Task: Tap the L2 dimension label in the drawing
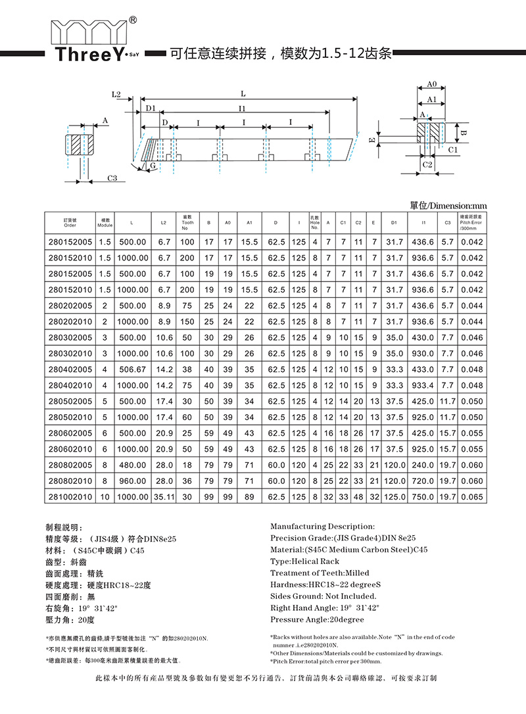pos(116,95)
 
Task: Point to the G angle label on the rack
pos(153,166)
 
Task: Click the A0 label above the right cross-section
pos(432,85)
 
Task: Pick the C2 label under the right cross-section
pos(427,164)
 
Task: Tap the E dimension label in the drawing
pos(372,140)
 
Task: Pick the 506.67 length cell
pos(132,369)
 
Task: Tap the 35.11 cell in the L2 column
pos(163,496)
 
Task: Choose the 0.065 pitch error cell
pos(471,496)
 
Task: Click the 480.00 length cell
pos(132,465)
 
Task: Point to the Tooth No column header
pos(187,222)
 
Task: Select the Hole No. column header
pos(314,222)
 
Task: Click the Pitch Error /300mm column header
pos(471,222)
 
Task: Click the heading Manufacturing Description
pos(323,527)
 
